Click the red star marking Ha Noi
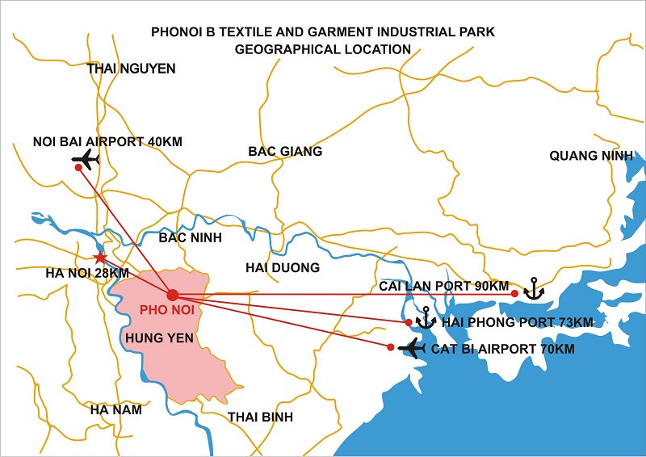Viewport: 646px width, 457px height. tap(99, 258)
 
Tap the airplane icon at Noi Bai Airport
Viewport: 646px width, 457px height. tap(85, 159)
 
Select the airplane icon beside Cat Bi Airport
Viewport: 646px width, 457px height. tap(412, 349)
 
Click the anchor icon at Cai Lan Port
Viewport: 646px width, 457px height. tap(533, 288)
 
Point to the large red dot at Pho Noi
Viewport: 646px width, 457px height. tap(173, 294)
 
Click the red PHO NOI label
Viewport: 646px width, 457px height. tap(167, 310)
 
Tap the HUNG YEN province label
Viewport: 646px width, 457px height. tap(158, 338)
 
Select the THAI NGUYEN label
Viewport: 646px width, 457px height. tap(131, 69)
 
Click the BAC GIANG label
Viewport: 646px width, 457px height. tap(285, 151)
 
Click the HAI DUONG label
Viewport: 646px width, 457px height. tap(282, 267)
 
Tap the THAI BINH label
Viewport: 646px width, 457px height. tap(260, 417)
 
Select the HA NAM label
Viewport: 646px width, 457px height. tap(115, 409)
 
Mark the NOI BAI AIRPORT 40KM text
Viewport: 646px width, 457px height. tap(107, 141)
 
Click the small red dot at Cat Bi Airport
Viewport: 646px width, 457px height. tap(391, 347)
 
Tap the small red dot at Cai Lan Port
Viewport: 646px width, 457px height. tap(514, 293)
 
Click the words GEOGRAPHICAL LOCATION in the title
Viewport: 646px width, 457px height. tap(322, 49)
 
